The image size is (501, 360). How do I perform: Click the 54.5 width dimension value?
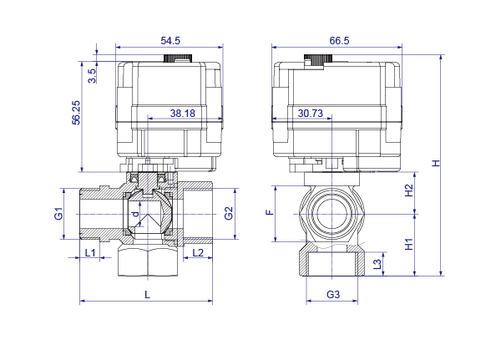(x=170, y=41)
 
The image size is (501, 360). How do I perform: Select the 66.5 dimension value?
(x=339, y=41)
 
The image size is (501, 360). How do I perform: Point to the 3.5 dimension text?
(x=92, y=76)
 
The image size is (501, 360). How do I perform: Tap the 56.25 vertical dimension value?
(x=76, y=113)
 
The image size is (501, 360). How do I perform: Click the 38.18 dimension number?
(x=182, y=114)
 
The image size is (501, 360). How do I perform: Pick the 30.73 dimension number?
(x=311, y=114)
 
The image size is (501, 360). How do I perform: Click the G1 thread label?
(x=58, y=213)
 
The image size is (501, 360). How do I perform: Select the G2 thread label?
(x=229, y=213)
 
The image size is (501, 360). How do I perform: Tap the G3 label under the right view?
(x=333, y=294)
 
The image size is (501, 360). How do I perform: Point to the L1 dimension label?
(x=90, y=253)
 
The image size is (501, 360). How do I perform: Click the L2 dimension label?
(x=198, y=253)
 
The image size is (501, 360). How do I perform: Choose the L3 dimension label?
(x=377, y=264)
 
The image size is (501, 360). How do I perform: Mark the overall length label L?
(x=147, y=295)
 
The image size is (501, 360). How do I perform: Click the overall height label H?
(x=436, y=163)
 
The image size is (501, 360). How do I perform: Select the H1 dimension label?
(x=409, y=244)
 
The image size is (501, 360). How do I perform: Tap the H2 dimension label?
(x=409, y=190)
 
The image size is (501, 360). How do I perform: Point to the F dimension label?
(x=271, y=212)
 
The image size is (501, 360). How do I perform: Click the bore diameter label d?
(x=136, y=214)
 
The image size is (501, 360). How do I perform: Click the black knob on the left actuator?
(x=178, y=58)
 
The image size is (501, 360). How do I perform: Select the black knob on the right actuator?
(x=318, y=58)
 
